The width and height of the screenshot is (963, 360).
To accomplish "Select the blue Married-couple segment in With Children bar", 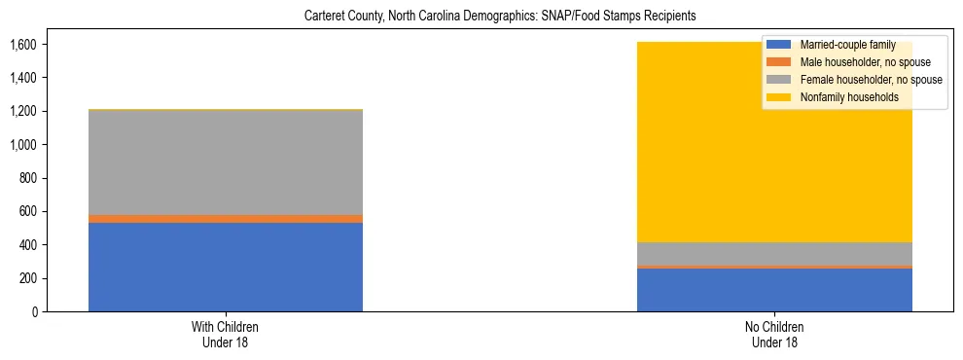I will pyautogui.click(x=225, y=267).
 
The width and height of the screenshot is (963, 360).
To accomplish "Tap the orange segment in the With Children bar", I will pyautogui.click(x=225, y=219).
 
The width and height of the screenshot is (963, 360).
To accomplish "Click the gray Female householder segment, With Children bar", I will pyautogui.click(x=225, y=162).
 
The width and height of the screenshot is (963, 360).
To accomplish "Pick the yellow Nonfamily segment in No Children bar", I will pyautogui.click(x=681, y=175).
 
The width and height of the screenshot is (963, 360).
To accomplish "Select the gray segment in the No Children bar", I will pyautogui.click(x=774, y=253).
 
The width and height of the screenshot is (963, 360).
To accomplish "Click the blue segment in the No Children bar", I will pyautogui.click(x=774, y=290).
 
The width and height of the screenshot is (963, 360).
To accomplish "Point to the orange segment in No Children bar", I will pyautogui.click(x=774, y=267).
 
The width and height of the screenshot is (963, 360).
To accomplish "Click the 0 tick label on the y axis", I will pyautogui.click(x=33, y=311).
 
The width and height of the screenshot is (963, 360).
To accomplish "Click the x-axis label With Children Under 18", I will pyautogui.click(x=225, y=334).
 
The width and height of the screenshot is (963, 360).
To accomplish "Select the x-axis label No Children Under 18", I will pyautogui.click(x=774, y=334).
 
